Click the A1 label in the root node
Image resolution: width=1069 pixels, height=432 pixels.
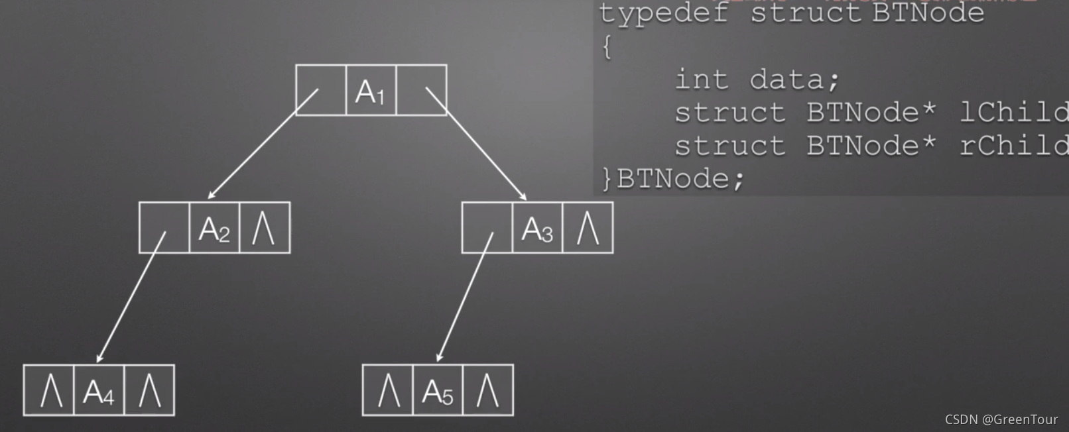pos(370,91)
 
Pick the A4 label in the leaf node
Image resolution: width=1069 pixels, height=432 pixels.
pos(98,392)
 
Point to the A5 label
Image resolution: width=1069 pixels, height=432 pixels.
pos(438,392)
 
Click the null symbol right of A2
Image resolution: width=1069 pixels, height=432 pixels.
pos(264,228)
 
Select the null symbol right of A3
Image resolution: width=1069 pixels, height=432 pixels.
pos(588,228)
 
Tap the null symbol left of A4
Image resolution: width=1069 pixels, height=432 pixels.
pos(51,390)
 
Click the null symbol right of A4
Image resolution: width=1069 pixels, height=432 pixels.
pos(149,390)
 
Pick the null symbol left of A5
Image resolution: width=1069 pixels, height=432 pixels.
pos(389,390)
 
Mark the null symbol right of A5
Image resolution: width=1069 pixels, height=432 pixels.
pos(487,390)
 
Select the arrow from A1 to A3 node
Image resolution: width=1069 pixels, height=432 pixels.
pos(476,144)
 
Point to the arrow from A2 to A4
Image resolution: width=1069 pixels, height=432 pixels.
pos(131,297)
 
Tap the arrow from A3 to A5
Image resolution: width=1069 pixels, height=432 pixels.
pos(465,297)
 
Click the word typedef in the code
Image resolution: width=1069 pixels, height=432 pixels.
pos(663,13)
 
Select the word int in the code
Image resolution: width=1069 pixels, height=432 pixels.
pos(702,80)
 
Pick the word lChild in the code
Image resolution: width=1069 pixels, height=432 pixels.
pos(1013,113)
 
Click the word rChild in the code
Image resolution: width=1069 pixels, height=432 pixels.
pos(1013,146)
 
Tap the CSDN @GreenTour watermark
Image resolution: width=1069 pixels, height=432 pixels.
pos(1001,419)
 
